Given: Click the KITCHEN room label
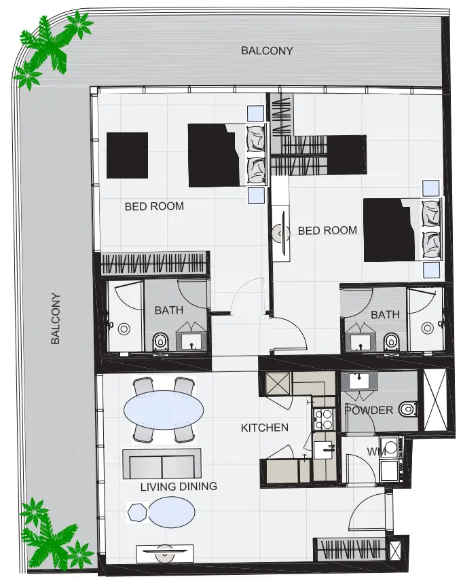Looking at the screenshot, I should coord(265,428).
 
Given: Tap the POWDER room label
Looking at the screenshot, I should coord(369,410).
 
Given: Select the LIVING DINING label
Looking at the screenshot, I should coord(179,486).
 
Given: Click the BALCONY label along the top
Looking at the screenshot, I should coord(268,50).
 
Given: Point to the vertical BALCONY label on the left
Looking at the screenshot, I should coord(56,318).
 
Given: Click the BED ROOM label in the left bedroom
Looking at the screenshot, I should coord(154,206).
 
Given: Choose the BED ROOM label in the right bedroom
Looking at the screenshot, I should coord(327,231).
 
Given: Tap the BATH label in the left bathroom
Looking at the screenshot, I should coord(168,310).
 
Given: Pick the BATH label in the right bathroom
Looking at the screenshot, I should coord(385,315).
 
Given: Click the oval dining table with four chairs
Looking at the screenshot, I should coord(164,410).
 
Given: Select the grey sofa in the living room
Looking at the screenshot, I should coord(162,464).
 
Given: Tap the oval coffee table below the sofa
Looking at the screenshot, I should coord(171,512).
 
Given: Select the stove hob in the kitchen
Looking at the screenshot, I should coord(322,418).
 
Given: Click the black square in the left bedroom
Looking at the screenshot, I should coord(127,155).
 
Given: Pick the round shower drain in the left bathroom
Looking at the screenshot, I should coord(124,329).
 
